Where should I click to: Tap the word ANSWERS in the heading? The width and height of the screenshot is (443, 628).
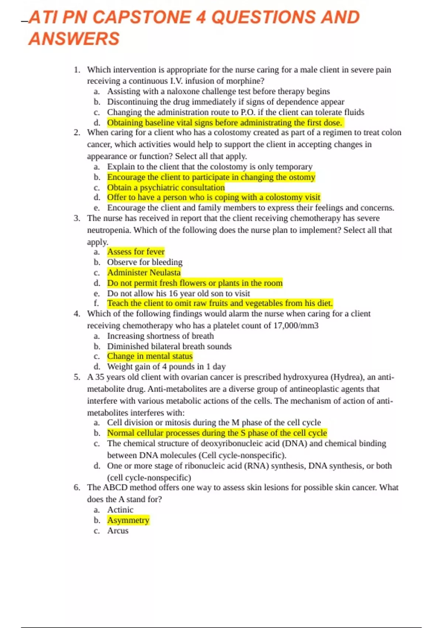point(74,39)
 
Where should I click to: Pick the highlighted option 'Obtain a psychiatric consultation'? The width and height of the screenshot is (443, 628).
point(166,188)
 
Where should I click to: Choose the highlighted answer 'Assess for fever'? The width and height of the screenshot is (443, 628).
point(136,252)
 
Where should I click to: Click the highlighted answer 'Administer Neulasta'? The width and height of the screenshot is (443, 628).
point(144,273)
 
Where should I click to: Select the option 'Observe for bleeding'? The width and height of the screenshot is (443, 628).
point(145,262)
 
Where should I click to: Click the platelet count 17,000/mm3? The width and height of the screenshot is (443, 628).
point(296,326)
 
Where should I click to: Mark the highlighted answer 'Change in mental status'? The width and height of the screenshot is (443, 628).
point(150,356)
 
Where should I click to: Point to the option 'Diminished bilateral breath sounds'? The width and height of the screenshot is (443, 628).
point(169,347)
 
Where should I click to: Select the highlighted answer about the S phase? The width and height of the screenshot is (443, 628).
point(217,433)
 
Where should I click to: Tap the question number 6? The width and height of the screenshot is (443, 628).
point(77,488)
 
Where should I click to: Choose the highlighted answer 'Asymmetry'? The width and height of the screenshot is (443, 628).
point(128,520)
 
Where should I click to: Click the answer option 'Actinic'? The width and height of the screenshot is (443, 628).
point(120,510)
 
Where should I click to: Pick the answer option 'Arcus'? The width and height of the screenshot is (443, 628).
point(118,531)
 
